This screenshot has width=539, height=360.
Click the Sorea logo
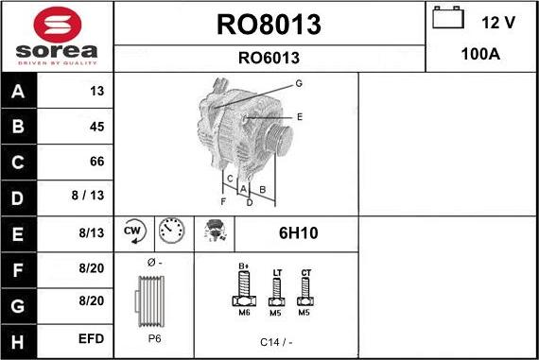[x=56, y=36]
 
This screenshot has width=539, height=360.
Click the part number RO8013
[x=269, y=24]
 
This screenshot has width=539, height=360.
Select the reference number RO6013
[x=269, y=57]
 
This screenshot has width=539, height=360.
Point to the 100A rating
[x=479, y=55]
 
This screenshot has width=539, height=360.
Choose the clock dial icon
[x=170, y=231]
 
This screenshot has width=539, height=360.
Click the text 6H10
[x=296, y=232]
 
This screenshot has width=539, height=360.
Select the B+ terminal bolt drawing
[x=242, y=285]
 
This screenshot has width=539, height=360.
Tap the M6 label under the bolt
[x=243, y=312]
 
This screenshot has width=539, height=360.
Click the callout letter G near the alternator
[x=298, y=83]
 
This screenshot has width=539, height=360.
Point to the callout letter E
[x=299, y=116]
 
